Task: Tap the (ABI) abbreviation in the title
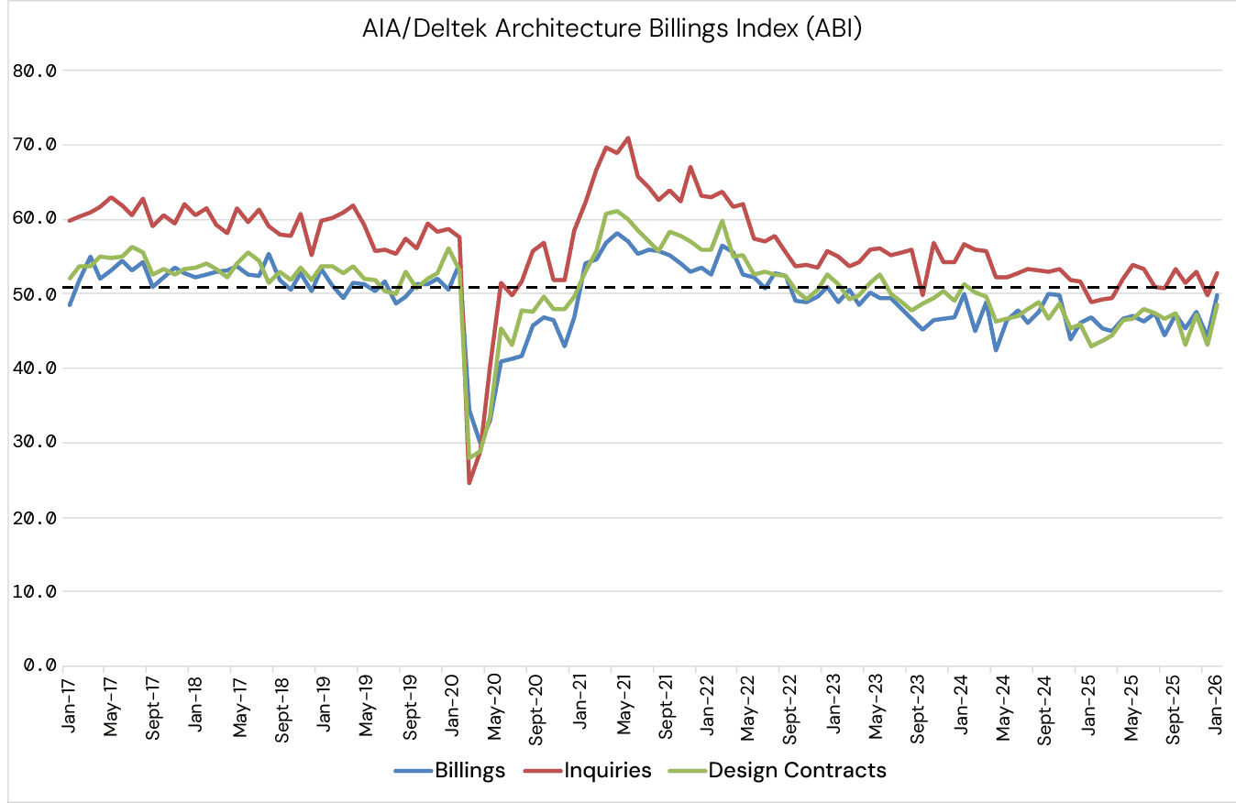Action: pyautogui.click(x=832, y=29)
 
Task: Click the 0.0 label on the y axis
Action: pyautogui.click(x=40, y=665)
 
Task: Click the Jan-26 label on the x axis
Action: pyautogui.click(x=1216, y=704)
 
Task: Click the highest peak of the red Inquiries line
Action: pyautogui.click(x=628, y=138)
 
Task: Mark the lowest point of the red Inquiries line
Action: pyautogui.click(x=469, y=483)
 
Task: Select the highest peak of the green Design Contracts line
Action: pyautogui.click(x=615, y=211)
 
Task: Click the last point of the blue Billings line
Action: pyautogui.click(x=1217, y=295)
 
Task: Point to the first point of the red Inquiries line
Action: pyautogui.click(x=71, y=221)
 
